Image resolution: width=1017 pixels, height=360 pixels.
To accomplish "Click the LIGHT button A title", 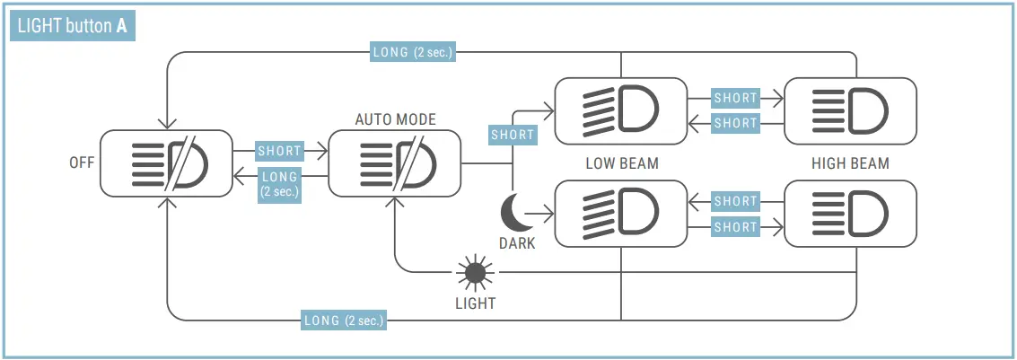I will (73, 26).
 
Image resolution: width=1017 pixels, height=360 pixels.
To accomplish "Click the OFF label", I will (82, 163).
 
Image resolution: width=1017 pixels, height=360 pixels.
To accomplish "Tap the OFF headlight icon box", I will (166, 163).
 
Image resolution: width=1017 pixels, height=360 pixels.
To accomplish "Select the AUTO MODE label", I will (395, 119).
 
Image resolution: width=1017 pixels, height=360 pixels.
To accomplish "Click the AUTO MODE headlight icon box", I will (395, 163).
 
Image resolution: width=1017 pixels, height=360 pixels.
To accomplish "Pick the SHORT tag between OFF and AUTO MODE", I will (279, 151).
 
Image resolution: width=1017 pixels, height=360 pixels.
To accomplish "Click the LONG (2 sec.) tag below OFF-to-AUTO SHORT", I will (279, 184).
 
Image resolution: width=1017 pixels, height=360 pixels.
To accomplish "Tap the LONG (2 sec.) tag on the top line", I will (413, 52).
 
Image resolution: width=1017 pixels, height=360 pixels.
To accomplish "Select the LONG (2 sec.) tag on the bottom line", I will (345, 320).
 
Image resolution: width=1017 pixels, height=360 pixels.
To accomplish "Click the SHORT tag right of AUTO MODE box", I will (513, 135).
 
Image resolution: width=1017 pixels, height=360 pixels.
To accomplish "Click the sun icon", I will (475, 272).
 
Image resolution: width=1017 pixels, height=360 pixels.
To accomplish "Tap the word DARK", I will (517, 243).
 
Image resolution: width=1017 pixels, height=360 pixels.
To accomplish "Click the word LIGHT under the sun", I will (475, 303).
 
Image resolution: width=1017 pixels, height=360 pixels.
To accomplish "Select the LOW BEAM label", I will (621, 163).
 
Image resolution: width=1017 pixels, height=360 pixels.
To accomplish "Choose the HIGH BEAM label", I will (850, 163).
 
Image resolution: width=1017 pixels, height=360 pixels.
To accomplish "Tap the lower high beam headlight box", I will (851, 214).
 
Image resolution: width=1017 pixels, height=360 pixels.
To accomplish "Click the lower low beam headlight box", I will (621, 214).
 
